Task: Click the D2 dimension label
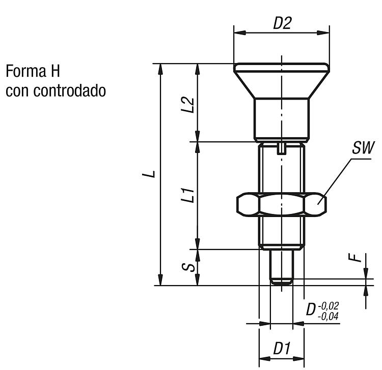282,23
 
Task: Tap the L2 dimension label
188,105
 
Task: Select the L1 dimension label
188,195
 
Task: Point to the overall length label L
149,174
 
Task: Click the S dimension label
188,267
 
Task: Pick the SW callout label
363,147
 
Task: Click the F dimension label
354,258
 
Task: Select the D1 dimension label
282,348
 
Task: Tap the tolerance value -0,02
328,306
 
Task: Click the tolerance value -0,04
328,316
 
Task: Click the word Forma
26,71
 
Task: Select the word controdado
70,90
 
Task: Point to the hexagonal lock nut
282,204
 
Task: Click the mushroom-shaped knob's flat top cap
282,68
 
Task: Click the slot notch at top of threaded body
282,148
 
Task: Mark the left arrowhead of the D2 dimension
239,33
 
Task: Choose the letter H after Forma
55,71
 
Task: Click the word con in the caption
17,91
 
